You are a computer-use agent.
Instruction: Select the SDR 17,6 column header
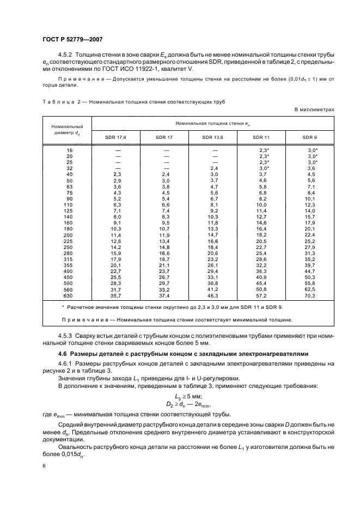point(116,137)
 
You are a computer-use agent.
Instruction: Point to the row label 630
point(69,295)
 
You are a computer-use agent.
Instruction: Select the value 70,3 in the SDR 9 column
point(312,295)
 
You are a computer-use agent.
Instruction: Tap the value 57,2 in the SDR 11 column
point(263,295)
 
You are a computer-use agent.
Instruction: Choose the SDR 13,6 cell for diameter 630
point(214,295)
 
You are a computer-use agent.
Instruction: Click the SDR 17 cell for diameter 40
point(165,174)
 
